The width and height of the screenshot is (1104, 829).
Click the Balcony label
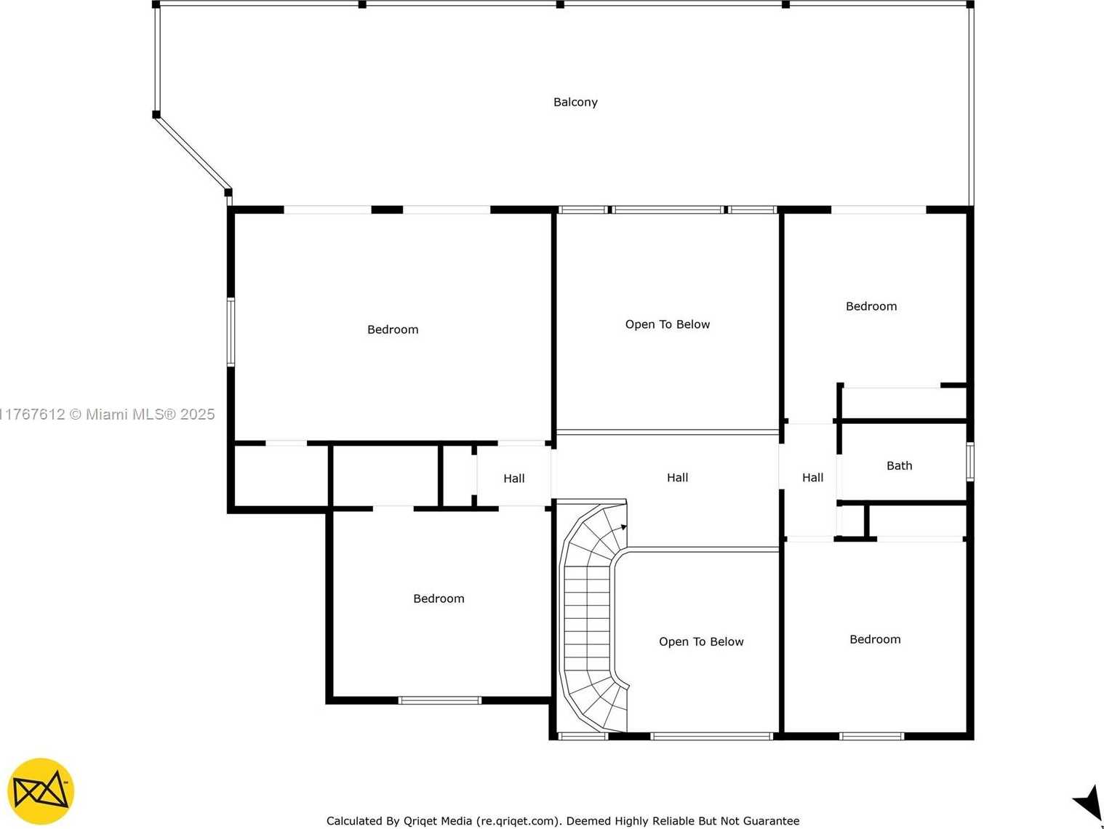pos(575,102)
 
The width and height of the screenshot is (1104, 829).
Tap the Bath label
pos(900,465)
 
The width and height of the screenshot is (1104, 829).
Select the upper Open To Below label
pos(668,324)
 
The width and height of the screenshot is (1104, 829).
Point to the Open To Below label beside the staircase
pos(701,641)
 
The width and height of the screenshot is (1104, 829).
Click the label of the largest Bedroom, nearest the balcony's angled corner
pos(393,329)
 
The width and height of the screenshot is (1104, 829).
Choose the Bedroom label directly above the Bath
pos(871,306)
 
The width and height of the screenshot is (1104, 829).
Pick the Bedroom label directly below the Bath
pos(875,639)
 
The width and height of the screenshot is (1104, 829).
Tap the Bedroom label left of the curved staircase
pos(439,598)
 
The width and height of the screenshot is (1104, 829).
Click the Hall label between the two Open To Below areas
pos(678,478)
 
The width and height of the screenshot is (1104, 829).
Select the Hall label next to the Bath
pos(813,478)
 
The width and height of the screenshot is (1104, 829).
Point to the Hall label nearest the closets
pos(514,478)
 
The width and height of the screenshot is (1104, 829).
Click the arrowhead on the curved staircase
pos(624,527)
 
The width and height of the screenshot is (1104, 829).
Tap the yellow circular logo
pos(41,792)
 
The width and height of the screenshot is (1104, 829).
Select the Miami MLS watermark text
pos(107,414)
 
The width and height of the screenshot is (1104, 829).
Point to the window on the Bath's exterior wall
pos(970,462)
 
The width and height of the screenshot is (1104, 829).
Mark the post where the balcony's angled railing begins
pos(156,115)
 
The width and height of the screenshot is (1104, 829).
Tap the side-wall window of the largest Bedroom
pos(231,332)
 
